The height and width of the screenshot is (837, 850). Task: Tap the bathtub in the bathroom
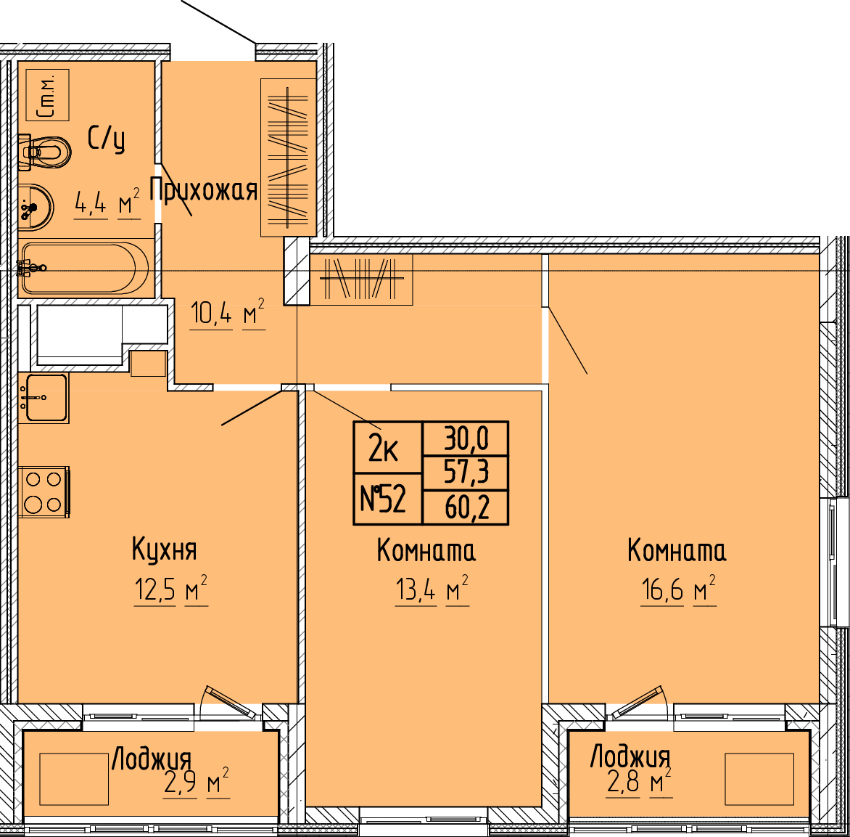[x=85, y=268]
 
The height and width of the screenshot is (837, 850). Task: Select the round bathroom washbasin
[x=36, y=208]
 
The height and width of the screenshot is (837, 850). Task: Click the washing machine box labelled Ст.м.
[x=48, y=95]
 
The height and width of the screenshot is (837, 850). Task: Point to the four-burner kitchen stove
[x=44, y=492]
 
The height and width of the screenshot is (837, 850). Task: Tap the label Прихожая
[x=203, y=190]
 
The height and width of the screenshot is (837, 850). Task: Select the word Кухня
[x=164, y=549]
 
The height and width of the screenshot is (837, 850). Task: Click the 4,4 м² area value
[x=107, y=203]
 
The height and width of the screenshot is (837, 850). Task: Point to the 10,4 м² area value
[x=228, y=313]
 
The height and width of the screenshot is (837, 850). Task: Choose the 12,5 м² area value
[x=170, y=589]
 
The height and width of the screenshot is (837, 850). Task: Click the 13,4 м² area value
[x=432, y=589]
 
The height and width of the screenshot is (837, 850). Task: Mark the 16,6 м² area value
[x=678, y=589]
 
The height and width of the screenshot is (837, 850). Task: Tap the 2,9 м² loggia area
[x=197, y=783]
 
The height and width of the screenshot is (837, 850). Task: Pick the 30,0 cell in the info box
[x=466, y=438]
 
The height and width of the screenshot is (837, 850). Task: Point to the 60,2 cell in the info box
[x=466, y=507]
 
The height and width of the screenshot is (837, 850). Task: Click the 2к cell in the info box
[x=387, y=447]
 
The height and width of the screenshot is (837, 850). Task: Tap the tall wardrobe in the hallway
[x=289, y=158]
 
